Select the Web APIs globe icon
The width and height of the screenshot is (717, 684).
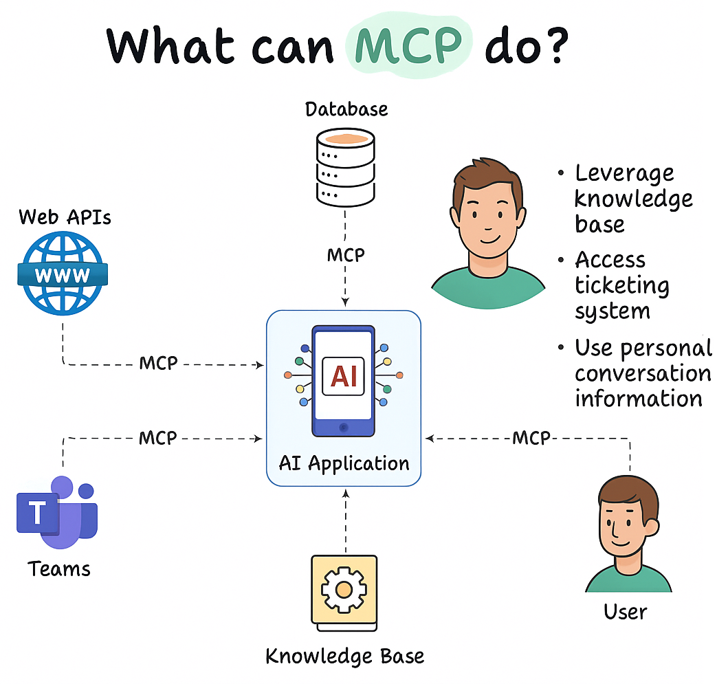pyautogui.click(x=63, y=274)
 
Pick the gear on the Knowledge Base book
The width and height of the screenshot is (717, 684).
pyautogui.click(x=344, y=589)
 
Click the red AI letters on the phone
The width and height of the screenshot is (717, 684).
pyautogui.click(x=344, y=376)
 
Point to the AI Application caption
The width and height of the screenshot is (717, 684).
pyautogui.click(x=344, y=463)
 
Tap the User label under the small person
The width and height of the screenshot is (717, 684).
pyautogui.click(x=625, y=611)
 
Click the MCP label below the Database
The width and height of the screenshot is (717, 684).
pyautogui.click(x=346, y=255)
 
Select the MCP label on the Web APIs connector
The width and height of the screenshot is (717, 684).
pyautogui.click(x=159, y=363)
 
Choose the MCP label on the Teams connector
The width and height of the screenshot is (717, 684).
pyautogui.click(x=158, y=437)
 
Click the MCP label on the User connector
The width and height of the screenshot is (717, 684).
pyautogui.click(x=531, y=437)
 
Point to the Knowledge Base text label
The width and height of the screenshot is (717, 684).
pyautogui.click(x=345, y=656)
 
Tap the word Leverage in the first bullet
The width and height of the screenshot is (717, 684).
pyautogui.click(x=624, y=173)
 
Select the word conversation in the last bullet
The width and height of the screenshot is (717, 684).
pyautogui.click(x=643, y=374)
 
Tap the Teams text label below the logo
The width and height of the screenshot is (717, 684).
pyautogui.click(x=59, y=569)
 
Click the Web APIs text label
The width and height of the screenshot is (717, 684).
pyautogui.click(x=65, y=217)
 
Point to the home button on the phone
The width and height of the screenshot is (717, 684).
pyautogui.click(x=344, y=427)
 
